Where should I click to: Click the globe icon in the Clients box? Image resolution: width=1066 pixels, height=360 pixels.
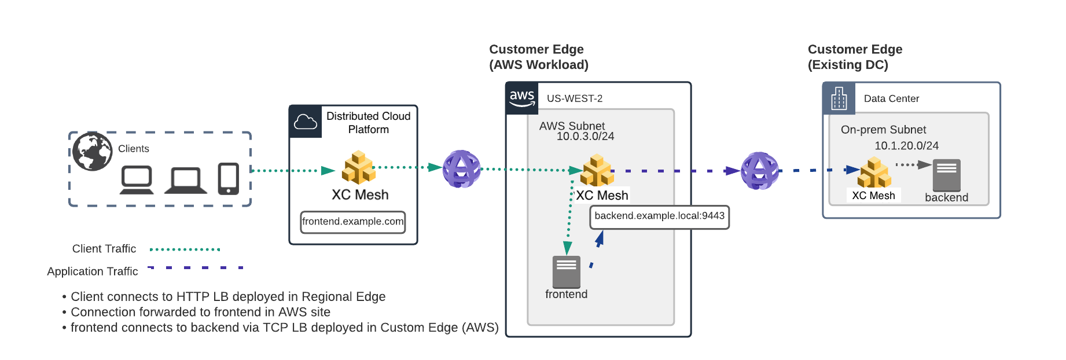[93, 152]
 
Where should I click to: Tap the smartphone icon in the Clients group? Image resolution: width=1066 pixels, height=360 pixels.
[229, 179]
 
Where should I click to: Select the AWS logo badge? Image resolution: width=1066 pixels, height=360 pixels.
[522, 98]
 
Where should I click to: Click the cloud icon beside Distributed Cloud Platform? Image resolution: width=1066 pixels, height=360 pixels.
[306, 122]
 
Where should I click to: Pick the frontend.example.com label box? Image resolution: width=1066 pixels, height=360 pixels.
[353, 222]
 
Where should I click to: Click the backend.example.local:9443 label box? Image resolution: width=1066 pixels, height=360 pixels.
[659, 216]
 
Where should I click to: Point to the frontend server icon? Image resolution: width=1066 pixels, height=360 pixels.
[567, 271]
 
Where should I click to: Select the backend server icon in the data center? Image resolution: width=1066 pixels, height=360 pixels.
[947, 175]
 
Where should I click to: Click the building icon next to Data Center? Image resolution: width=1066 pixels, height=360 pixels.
[839, 99]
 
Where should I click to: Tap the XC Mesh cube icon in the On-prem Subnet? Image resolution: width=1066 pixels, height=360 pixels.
[874, 172]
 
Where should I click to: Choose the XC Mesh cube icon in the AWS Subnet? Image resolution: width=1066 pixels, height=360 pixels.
[597, 170]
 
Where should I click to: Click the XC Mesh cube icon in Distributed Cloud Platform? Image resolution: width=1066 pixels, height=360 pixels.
[359, 167]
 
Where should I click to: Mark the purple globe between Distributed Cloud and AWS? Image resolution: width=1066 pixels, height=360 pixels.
[462, 169]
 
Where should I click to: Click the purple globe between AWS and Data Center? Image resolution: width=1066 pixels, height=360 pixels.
[760, 171]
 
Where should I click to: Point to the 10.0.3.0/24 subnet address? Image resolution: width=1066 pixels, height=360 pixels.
[585, 137]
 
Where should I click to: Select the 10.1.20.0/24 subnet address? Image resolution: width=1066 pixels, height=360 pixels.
[906, 146]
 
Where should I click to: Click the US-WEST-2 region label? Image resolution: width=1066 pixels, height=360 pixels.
[575, 98]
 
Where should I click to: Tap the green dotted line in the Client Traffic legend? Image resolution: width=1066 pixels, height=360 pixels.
[185, 249]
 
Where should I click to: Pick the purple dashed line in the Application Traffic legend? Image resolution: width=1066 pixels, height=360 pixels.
[196, 268]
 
